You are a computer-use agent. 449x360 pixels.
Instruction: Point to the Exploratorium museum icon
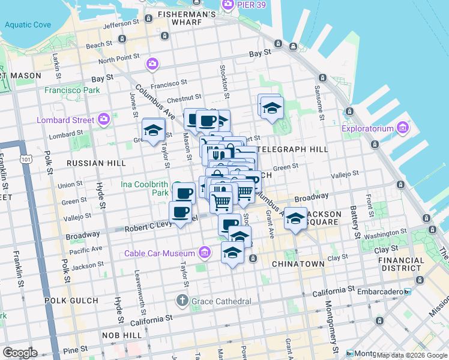[x=403, y=128]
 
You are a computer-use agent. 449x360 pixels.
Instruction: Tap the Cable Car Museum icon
[x=205, y=253]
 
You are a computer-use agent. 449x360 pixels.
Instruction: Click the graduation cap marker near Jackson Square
[x=295, y=219]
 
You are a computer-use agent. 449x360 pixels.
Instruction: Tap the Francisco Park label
[x=72, y=91]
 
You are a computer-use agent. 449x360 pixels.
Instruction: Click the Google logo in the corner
[x=20, y=353]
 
